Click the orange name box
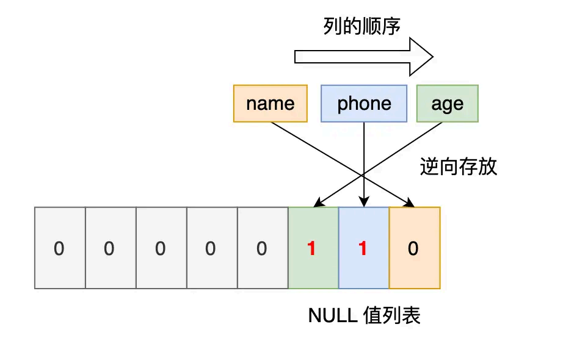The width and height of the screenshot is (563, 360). click(271, 104)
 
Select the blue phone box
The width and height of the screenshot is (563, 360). click(364, 104)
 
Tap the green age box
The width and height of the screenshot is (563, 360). click(447, 104)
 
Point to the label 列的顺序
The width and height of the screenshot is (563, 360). click(361, 26)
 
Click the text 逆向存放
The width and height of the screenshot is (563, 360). click(459, 167)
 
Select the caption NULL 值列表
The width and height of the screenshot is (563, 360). click(364, 315)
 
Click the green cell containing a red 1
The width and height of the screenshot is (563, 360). click(313, 248)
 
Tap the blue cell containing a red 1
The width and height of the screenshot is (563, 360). click(363, 248)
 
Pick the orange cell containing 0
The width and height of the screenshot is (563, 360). click(414, 248)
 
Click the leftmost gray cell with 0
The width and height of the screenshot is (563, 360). click(59, 248)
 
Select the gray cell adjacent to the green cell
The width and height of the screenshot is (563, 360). click(262, 248)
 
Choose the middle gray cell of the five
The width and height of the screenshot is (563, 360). click(161, 248)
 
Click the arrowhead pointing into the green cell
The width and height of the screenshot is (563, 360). click(318, 203)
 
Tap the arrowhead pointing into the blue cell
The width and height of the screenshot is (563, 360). click(364, 203)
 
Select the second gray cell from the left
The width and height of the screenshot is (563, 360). click(110, 248)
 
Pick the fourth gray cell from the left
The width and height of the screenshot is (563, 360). click(211, 248)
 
